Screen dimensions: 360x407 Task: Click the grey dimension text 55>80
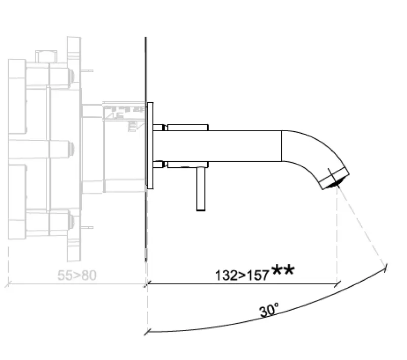click(x=76, y=276)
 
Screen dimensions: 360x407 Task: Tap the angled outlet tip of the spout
click(x=334, y=178)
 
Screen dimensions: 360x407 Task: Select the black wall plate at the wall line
click(x=150, y=145)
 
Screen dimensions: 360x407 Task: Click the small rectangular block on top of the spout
click(x=188, y=127)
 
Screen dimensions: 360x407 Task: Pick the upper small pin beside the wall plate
click(x=159, y=127)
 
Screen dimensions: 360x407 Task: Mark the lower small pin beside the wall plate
click(x=159, y=164)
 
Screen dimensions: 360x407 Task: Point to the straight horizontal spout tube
click(x=219, y=145)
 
